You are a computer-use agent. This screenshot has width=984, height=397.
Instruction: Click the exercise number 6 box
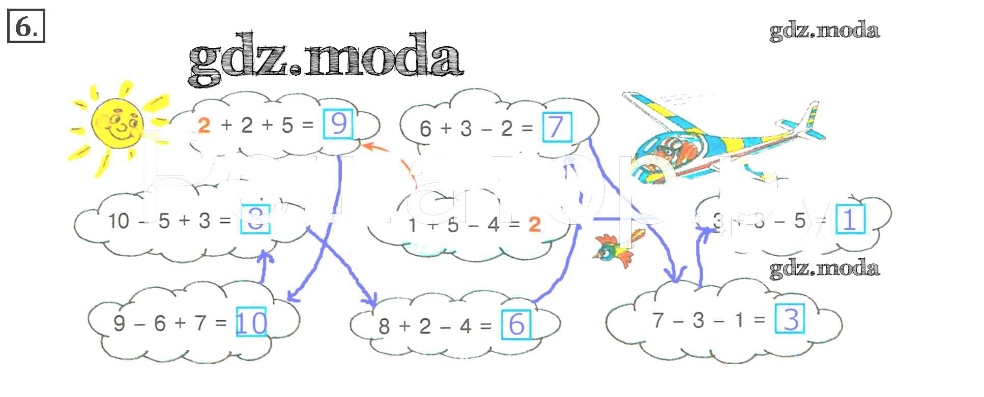click(26, 26)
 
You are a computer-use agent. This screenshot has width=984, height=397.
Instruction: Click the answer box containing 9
click(338, 124)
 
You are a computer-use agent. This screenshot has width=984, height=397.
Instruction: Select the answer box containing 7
click(557, 127)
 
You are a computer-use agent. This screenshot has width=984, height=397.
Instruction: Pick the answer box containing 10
click(251, 322)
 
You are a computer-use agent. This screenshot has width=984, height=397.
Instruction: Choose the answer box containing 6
click(516, 324)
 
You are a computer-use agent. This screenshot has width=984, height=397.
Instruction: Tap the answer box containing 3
click(790, 319)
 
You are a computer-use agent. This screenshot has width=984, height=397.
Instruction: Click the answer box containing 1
click(850, 220)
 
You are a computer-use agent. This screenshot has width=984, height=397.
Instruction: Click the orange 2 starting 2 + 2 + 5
click(204, 125)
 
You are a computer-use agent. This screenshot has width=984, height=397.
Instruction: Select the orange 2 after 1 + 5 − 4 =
click(534, 224)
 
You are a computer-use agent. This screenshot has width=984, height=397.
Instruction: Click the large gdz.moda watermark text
click(326, 59)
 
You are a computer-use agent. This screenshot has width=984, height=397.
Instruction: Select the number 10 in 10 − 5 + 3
click(119, 221)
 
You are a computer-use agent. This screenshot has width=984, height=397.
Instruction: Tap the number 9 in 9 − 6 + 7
click(119, 323)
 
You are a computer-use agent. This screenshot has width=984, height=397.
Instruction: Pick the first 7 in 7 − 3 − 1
click(658, 320)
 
